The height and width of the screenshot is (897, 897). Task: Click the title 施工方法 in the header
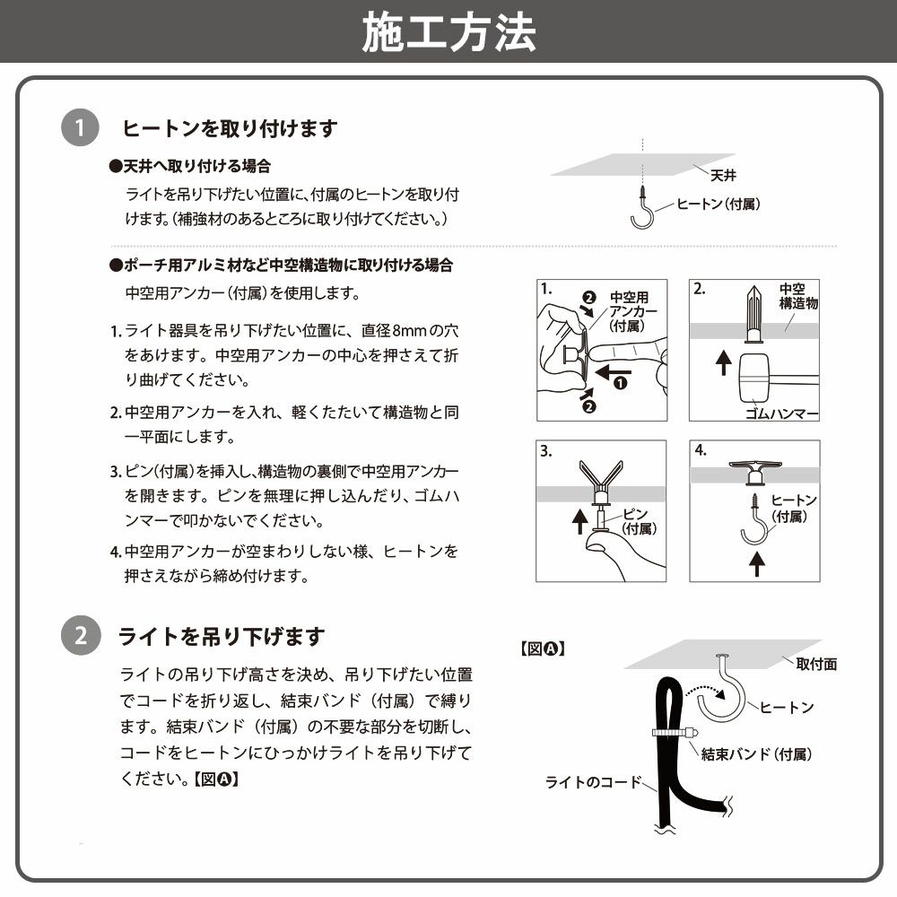click(x=448, y=32)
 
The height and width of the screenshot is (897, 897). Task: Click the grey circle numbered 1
click(x=80, y=129)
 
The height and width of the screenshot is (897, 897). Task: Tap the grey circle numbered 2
click(x=80, y=637)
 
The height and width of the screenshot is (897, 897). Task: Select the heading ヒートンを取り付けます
click(x=230, y=129)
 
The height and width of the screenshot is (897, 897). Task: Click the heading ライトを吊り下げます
click(x=222, y=637)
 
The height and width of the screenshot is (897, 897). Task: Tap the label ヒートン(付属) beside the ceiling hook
click(x=718, y=205)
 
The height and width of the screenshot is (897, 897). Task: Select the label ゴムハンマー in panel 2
click(x=782, y=414)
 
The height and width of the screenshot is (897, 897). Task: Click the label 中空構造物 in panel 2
click(x=797, y=296)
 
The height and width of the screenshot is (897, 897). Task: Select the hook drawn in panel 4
click(x=755, y=524)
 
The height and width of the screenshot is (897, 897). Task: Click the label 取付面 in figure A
click(x=815, y=664)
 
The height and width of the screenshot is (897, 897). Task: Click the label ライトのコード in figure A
click(x=594, y=782)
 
